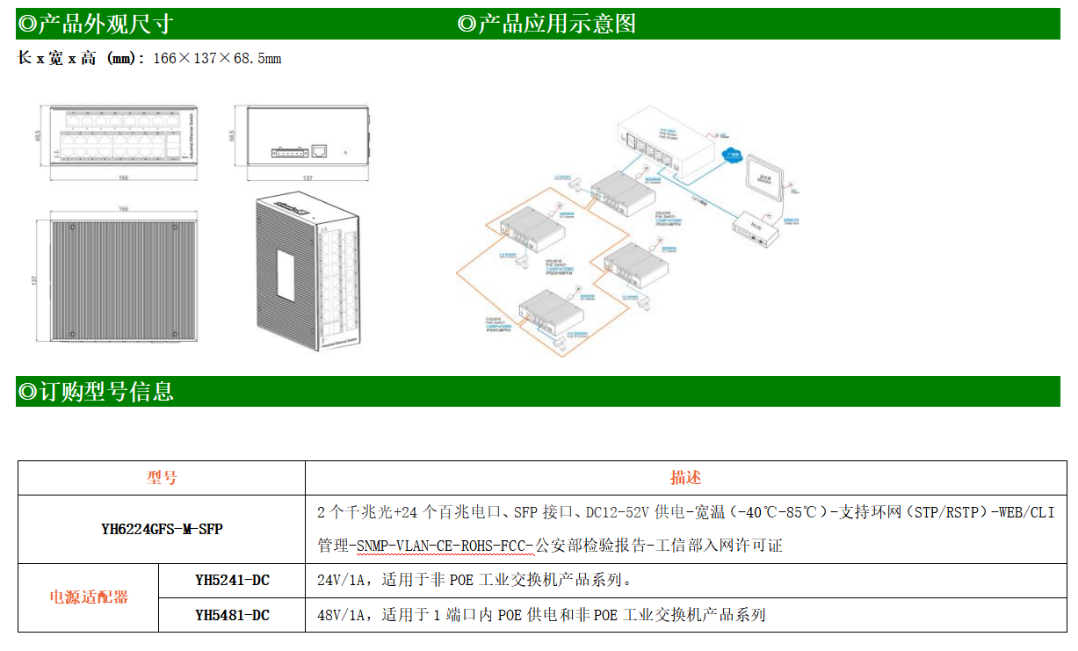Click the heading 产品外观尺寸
[96, 25]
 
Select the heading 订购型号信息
[96, 392]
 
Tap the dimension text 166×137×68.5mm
[217, 59]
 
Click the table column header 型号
[162, 478]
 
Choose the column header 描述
[685, 478]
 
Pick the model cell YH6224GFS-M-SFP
[162, 529]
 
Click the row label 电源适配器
[88, 597]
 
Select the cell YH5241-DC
[232, 580]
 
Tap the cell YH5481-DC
[232, 615]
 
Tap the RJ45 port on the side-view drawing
[322, 150]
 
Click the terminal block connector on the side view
[289, 151]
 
